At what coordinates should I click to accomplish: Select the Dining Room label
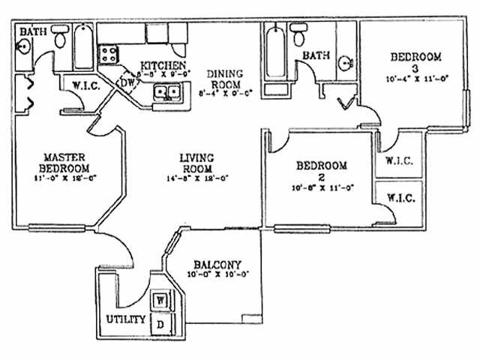tap(223, 78)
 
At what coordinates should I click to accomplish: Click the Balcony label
tap(217, 265)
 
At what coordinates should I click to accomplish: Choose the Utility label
tap(124, 319)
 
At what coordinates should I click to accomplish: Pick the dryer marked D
tap(160, 324)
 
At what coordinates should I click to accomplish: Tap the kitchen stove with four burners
tap(109, 54)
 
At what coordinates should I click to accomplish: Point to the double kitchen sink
tap(166, 93)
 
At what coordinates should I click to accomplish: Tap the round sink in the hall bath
tap(346, 63)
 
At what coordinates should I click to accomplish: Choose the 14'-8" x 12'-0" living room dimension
tap(197, 178)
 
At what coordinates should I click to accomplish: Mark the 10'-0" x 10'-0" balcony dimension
tap(217, 275)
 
